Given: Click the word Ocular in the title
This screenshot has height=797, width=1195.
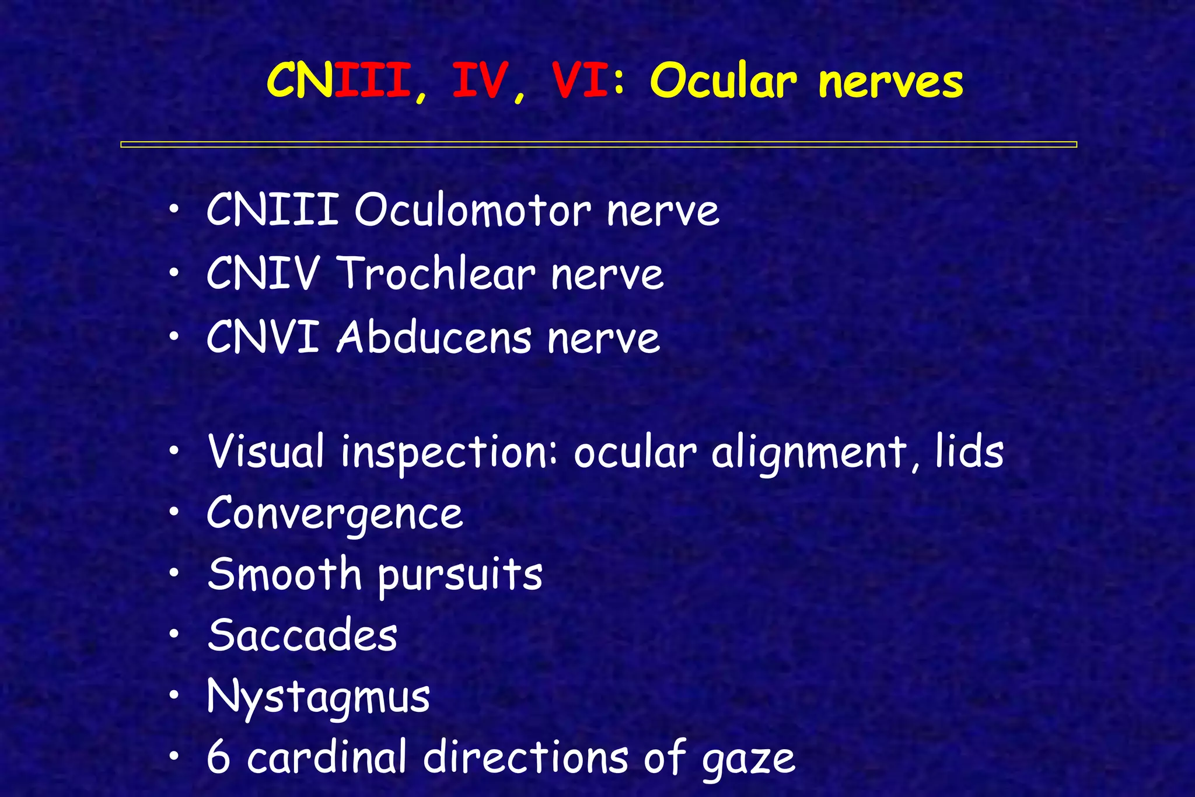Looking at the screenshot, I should pyautogui.click(x=723, y=82).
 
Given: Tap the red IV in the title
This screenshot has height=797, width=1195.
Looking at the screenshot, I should pyautogui.click(x=478, y=82).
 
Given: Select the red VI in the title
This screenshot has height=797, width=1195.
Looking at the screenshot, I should pyautogui.click(x=581, y=82).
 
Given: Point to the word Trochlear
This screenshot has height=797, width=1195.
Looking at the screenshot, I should pyautogui.click(x=436, y=274).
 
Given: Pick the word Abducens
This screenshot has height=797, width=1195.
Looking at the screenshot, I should pyautogui.click(x=434, y=338).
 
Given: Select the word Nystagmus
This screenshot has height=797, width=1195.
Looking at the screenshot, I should pyautogui.click(x=318, y=698).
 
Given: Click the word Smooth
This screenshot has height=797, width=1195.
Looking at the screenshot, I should pyautogui.click(x=285, y=574).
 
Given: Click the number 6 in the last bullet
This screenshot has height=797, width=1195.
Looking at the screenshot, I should pyautogui.click(x=218, y=757).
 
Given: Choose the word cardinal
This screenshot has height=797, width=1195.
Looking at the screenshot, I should pyautogui.click(x=326, y=757).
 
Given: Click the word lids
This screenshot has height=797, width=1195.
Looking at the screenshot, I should pyautogui.click(x=969, y=452).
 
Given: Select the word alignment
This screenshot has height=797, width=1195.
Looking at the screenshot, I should pyautogui.click(x=808, y=454).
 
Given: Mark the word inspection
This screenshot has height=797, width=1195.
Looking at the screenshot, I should pyautogui.click(x=444, y=454).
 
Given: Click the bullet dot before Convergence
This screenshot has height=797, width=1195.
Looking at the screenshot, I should pyautogui.click(x=174, y=512).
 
